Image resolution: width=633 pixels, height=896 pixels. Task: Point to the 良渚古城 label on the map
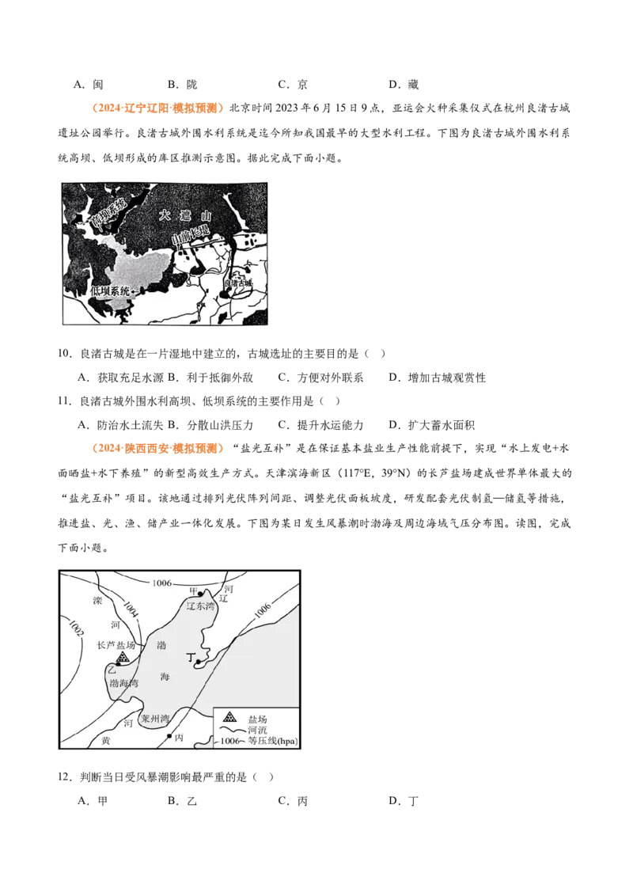click(x=238, y=283)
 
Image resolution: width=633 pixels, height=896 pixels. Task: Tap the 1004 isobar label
click(x=131, y=609)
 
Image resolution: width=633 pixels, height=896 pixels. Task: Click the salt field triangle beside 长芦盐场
click(x=123, y=659)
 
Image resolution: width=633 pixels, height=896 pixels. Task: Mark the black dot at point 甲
click(x=200, y=594)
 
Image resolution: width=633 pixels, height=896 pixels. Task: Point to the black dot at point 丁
click(x=198, y=662)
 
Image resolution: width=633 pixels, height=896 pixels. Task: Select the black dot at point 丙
click(x=169, y=736)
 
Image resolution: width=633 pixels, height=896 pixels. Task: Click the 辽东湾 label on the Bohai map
click(x=200, y=606)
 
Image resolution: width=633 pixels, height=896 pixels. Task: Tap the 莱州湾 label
click(x=155, y=719)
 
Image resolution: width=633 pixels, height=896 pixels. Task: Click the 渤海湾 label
click(x=124, y=683)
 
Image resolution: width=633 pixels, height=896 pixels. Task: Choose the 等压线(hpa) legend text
click(x=272, y=741)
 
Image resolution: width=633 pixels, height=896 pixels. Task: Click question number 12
click(x=65, y=777)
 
